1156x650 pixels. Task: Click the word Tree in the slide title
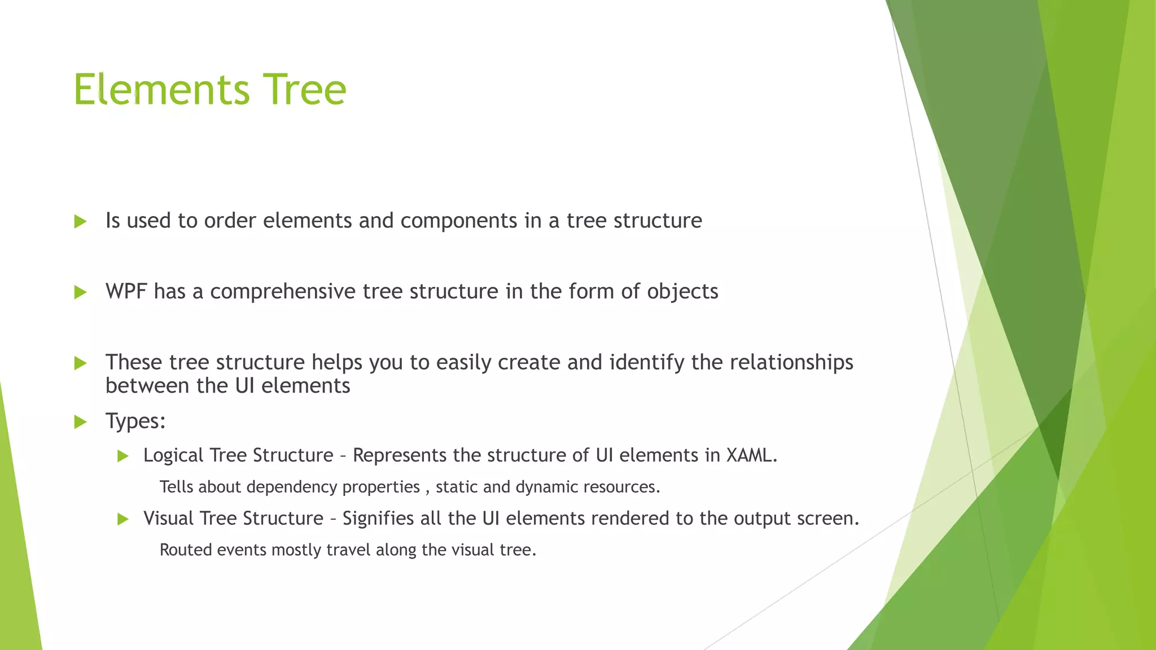tap(305, 90)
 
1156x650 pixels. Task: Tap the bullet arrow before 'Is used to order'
tap(81, 221)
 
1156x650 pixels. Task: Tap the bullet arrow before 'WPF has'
tap(81, 292)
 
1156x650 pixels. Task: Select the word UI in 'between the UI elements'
tap(244, 386)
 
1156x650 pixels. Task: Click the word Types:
tap(135, 421)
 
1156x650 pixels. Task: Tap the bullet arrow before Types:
tap(81, 421)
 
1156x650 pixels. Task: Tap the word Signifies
tap(378, 519)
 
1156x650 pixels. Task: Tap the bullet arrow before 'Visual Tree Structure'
tap(123, 519)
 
